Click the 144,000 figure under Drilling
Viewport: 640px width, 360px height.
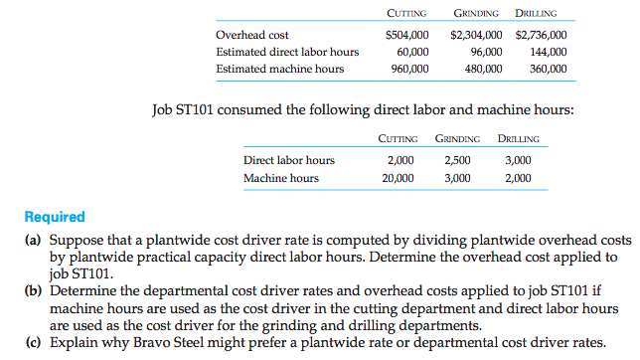click(548, 53)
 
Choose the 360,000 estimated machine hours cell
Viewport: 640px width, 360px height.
click(548, 70)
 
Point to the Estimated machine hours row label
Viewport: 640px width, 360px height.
click(279, 70)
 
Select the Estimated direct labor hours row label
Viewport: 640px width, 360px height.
click(286, 53)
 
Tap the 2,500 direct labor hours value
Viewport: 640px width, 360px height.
click(456, 161)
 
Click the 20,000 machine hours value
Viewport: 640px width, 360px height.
click(396, 179)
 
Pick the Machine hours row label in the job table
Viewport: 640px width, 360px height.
click(281, 179)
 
